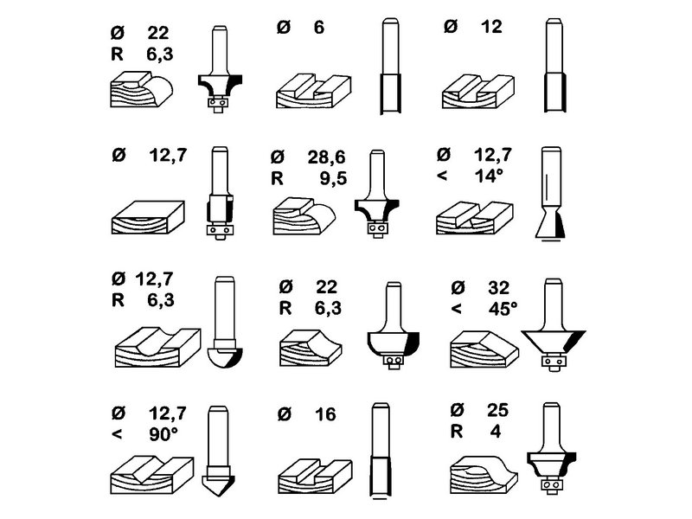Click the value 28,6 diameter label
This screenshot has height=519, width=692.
[327, 157]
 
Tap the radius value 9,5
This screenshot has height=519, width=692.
[333, 178]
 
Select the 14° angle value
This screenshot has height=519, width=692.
[489, 176]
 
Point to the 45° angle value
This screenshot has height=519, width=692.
[503, 309]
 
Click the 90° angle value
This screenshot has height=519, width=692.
[163, 434]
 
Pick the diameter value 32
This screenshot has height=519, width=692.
[499, 288]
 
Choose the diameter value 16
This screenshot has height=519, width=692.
[325, 414]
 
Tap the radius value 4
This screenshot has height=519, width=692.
[496, 431]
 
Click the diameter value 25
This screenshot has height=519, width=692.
[498, 410]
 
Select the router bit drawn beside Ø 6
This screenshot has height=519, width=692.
[391, 67]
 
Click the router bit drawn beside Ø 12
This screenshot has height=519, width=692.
[554, 66]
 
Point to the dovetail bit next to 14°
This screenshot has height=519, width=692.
[550, 194]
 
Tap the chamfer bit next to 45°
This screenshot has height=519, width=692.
[554, 325]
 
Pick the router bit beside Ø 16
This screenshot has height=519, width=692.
[381, 450]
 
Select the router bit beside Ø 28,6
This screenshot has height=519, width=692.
[377, 194]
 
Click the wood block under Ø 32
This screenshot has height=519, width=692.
[484, 349]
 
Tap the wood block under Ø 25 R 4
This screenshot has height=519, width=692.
[484, 475]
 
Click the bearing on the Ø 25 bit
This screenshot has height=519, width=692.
[551, 485]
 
